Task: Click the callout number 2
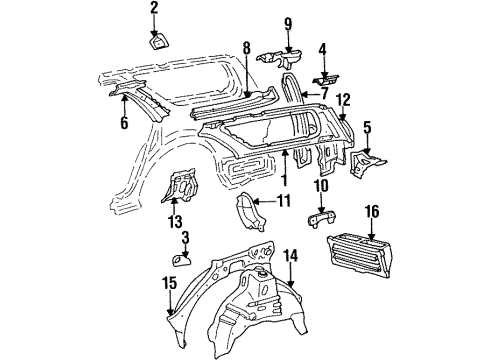154,9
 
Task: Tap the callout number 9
288,23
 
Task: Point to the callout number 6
124,125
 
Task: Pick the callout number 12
343,99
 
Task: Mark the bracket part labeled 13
182,187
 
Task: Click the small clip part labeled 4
324,73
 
